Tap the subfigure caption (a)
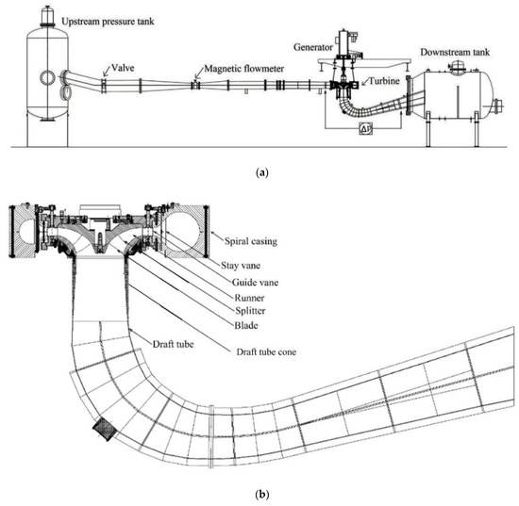pyautogui.click(x=259, y=171)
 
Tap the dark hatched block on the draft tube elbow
pyautogui.click(x=103, y=431)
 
